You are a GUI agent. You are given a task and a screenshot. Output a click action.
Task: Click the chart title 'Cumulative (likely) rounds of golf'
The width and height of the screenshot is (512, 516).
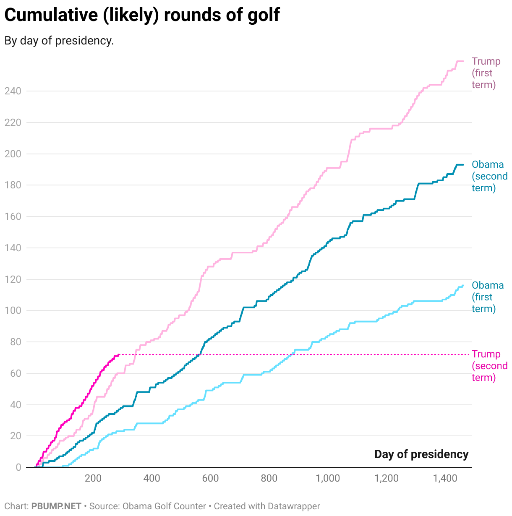point(142,15)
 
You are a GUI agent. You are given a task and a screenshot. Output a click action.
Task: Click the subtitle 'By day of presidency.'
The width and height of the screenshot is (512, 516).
point(59,41)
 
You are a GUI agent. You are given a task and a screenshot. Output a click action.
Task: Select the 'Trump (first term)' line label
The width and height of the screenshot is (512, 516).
point(486,73)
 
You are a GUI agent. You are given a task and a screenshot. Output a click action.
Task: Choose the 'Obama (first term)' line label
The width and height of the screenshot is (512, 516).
point(487,297)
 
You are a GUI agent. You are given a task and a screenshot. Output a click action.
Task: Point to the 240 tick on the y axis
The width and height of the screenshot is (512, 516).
point(13,91)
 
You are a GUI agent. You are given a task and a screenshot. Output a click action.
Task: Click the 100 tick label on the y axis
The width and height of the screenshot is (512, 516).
point(13,311)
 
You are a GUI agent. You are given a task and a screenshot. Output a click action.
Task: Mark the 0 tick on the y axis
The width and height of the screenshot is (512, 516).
point(18,467)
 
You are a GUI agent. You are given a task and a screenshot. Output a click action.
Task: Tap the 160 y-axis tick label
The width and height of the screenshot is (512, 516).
point(13,216)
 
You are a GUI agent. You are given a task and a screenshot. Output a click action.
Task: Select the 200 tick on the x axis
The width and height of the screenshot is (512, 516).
point(93,479)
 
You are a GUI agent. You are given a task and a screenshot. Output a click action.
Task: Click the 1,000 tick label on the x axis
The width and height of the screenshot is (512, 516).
point(328,479)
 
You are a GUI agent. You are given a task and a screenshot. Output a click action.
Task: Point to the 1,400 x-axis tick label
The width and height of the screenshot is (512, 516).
point(445,479)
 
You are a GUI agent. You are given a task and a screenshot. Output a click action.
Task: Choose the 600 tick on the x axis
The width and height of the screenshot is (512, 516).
point(210,479)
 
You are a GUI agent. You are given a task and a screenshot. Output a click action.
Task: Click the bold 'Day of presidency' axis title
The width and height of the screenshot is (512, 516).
point(421,454)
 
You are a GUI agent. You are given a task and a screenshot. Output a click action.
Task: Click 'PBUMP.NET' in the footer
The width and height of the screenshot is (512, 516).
point(56,506)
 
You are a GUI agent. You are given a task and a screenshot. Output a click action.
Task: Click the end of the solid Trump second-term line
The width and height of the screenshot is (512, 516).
point(119,354)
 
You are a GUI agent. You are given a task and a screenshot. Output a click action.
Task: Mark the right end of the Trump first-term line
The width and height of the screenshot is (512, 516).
point(463,61)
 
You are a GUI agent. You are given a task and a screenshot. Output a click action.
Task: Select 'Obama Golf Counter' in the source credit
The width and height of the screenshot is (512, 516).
point(164,506)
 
